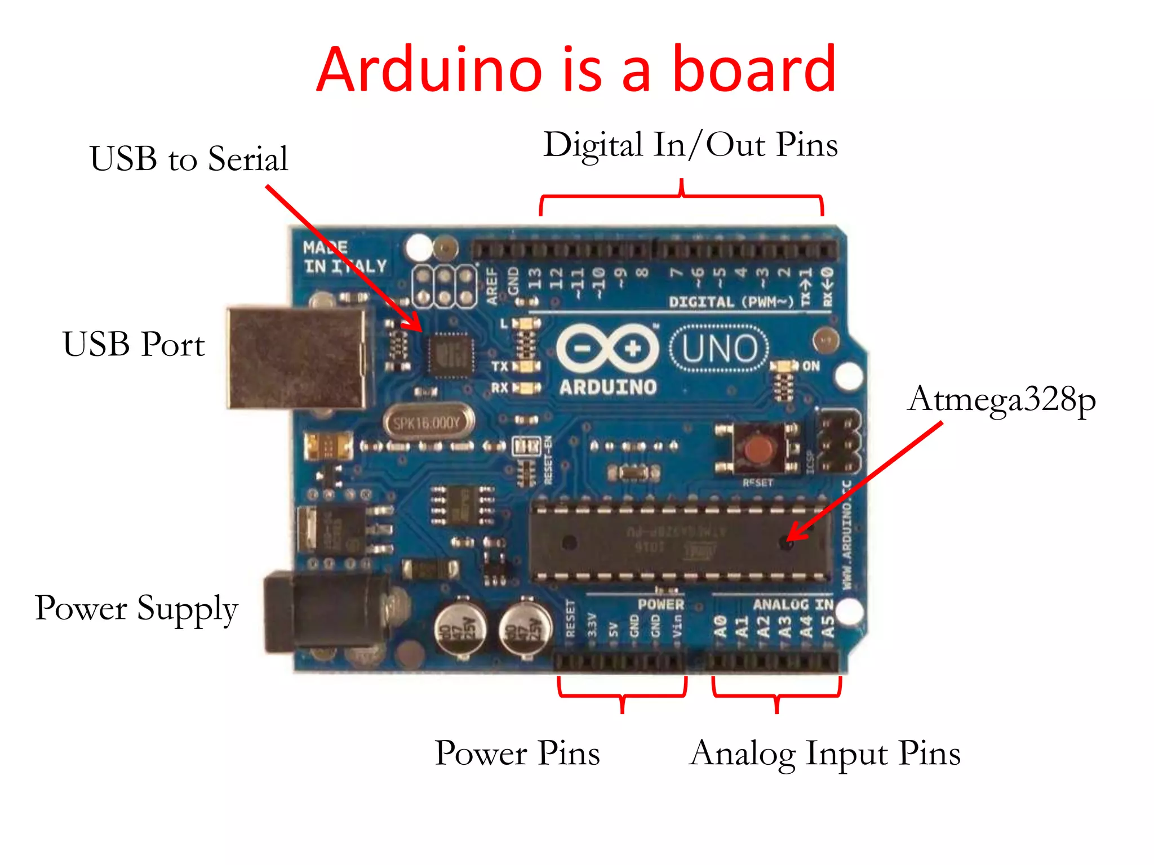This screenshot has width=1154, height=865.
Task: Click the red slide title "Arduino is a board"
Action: click(576, 70)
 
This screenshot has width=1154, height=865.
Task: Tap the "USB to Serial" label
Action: click(189, 158)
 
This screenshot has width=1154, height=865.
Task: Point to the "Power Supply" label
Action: click(136, 609)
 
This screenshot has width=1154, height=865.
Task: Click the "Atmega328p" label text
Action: click(1001, 400)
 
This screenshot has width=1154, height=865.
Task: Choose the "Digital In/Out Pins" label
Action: click(690, 145)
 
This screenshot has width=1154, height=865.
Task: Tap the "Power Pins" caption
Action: click(517, 753)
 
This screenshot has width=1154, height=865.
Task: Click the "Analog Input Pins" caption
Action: click(825, 753)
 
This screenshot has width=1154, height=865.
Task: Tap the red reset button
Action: click(758, 449)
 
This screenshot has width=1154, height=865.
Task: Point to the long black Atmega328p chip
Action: click(679, 542)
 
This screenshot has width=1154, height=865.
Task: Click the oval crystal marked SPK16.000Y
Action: click(428, 422)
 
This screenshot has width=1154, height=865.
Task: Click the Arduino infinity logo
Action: click(607, 349)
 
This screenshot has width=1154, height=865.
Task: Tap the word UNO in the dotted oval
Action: click(720, 349)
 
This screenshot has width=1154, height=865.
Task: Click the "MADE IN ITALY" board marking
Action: click(344, 257)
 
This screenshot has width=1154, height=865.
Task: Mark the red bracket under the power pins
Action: click(623, 695)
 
